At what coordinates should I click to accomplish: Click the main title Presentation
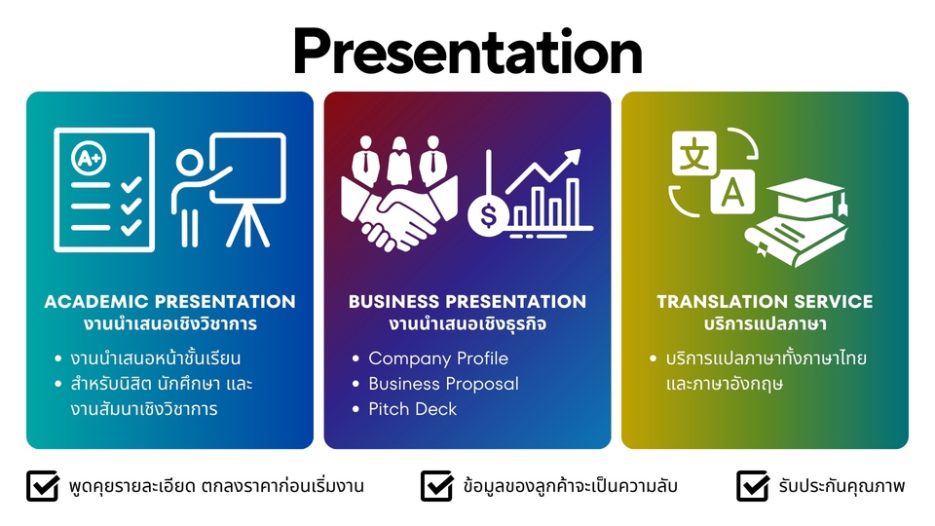(467, 52)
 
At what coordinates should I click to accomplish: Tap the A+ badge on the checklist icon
(89, 158)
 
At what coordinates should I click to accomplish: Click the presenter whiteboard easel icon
(229, 190)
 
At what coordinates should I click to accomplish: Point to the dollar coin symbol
(488, 215)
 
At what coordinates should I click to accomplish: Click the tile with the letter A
(732, 192)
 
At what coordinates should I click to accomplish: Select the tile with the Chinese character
(694, 153)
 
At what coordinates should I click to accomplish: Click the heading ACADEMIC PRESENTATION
(169, 301)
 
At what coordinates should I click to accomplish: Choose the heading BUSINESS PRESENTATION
(467, 301)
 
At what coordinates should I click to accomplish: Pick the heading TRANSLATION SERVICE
(766, 301)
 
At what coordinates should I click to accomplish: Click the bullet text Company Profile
(438, 357)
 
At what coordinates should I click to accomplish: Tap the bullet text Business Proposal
(444, 384)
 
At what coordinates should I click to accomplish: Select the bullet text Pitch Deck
(413, 408)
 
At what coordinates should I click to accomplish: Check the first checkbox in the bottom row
(42, 486)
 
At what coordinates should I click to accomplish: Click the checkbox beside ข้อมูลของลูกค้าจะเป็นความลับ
(436, 486)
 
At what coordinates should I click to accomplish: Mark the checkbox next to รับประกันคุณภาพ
(753, 486)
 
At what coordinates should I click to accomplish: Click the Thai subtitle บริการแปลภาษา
(766, 323)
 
